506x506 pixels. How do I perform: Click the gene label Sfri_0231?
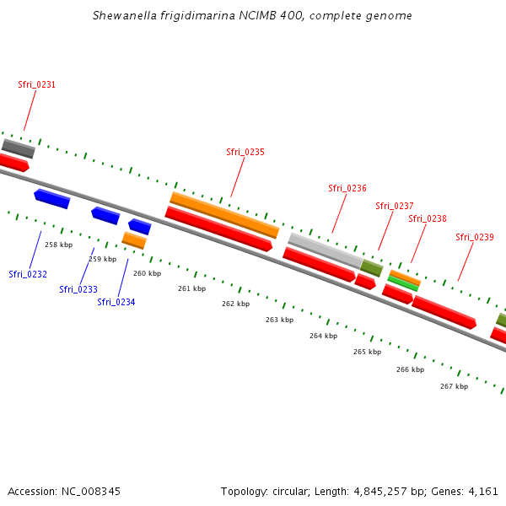36,84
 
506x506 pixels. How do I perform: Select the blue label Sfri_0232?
28,274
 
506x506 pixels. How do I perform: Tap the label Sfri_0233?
78,289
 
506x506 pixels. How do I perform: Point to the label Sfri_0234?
116,302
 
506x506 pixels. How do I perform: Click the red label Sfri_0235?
245,152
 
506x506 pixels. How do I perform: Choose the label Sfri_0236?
347,188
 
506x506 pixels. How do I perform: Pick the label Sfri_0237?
395,206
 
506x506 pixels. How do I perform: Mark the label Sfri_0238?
428,218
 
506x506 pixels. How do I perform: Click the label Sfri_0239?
475,237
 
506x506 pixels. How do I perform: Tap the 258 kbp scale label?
58,245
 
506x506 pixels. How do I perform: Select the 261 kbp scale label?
191,288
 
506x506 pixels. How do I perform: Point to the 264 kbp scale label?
323,336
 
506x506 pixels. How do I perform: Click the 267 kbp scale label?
454,386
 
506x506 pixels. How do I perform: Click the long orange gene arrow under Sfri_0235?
224,215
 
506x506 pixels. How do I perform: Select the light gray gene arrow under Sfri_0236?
326,250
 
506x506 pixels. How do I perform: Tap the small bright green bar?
403,283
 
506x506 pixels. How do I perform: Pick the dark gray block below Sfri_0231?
19,148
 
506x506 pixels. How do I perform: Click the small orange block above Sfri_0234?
134,240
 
